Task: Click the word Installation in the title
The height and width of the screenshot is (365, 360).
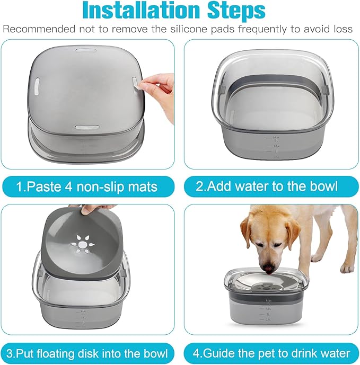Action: pos(137,10)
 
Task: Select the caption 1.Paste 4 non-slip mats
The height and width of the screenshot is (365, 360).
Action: pos(87,186)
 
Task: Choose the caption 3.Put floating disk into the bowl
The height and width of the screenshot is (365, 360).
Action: pos(87,352)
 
